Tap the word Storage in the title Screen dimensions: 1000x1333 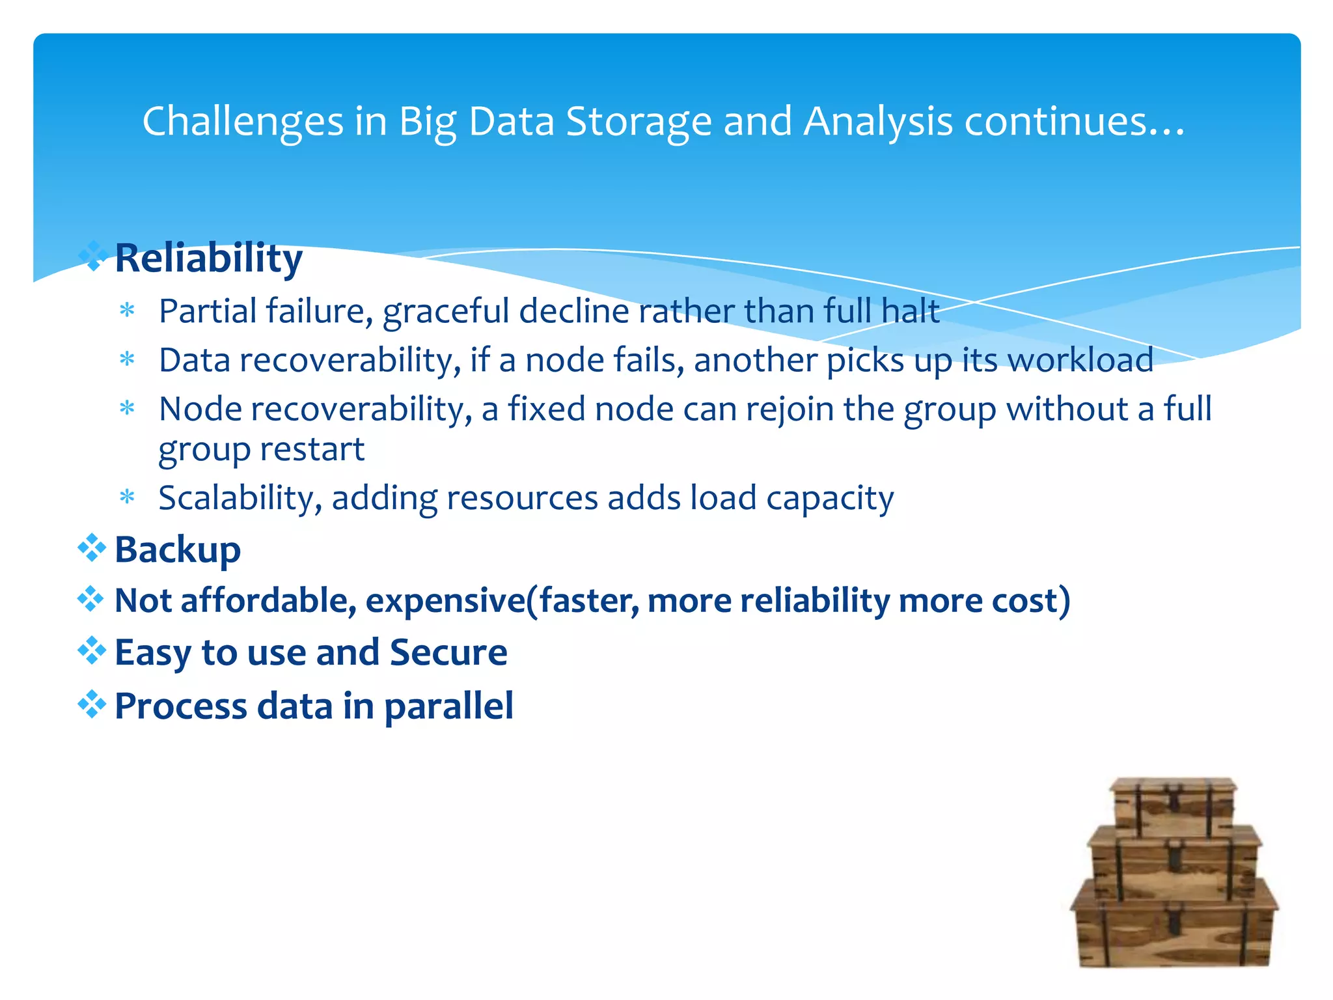[639, 122]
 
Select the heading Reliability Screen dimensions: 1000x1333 [208, 258]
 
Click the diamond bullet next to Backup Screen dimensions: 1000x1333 [91, 548]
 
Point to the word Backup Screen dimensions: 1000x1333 [178, 550]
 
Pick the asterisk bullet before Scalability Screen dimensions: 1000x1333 [128, 498]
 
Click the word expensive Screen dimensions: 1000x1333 [445, 600]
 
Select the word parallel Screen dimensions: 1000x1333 [448, 707]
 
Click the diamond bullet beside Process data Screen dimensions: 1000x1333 [91, 704]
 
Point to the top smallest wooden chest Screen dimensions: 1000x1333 [1174, 805]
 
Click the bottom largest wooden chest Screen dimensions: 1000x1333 [1174, 924]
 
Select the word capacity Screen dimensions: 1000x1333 [830, 499]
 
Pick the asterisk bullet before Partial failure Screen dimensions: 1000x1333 [128, 311]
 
